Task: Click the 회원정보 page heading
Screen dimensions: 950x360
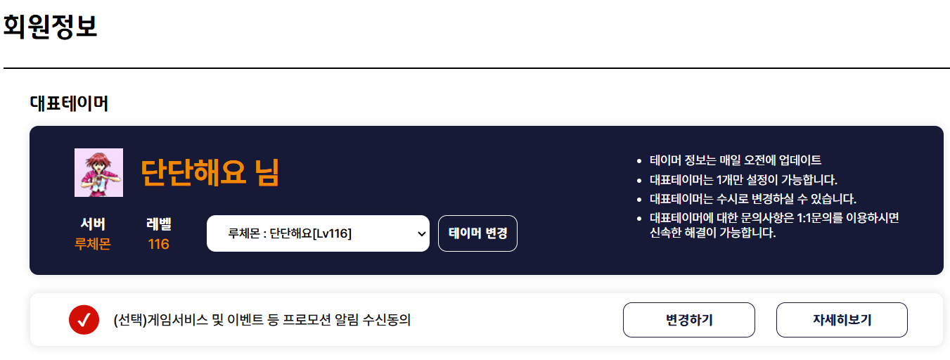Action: click(50, 26)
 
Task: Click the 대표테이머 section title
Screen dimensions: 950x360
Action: click(69, 103)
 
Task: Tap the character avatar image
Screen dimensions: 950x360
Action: click(99, 172)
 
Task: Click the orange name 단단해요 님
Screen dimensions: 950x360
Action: click(210, 172)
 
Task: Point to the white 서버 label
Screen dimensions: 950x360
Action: click(93, 224)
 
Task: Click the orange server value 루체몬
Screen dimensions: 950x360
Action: click(92, 244)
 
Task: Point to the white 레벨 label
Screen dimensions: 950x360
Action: click(159, 224)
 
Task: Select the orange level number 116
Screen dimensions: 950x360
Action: click(159, 244)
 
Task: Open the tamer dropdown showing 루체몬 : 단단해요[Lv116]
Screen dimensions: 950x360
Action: click(318, 233)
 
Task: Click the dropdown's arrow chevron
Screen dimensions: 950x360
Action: click(421, 233)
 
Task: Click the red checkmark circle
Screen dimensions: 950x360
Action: click(84, 320)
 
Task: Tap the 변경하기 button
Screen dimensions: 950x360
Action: click(688, 320)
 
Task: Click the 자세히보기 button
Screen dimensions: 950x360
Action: click(842, 320)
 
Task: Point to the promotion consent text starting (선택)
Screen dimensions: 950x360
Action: click(262, 320)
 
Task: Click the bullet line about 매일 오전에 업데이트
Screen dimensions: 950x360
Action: click(735, 160)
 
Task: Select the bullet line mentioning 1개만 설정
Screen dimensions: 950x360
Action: click(743, 180)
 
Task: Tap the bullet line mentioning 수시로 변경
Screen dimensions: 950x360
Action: click(753, 199)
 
